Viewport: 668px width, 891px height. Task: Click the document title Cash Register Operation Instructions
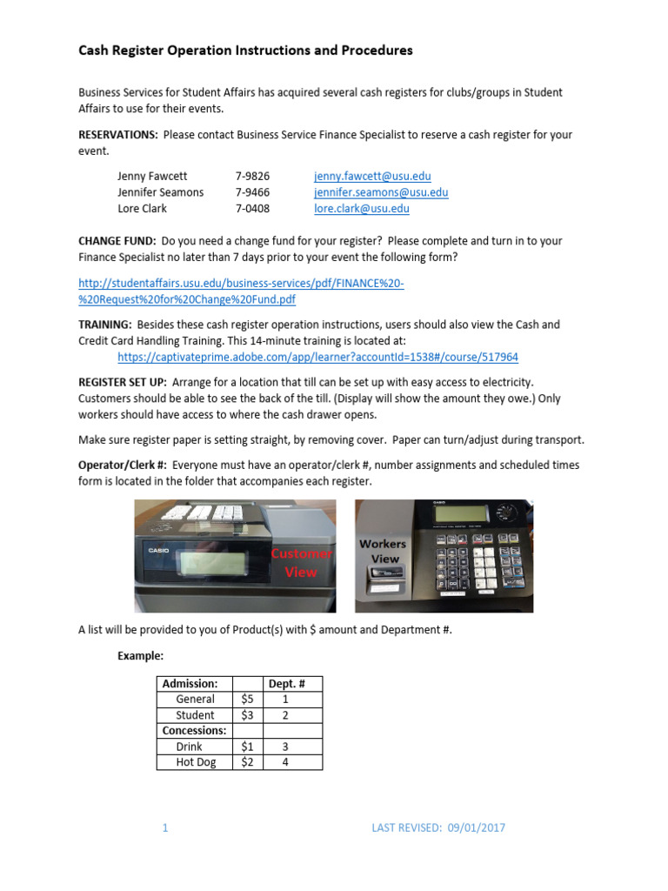tap(245, 50)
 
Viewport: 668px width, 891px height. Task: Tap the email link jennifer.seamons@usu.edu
tap(381, 192)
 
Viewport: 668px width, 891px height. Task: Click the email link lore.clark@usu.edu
tap(361, 209)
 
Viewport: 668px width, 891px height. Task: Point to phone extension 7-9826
tap(252, 176)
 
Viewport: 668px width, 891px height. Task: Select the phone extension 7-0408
tap(252, 209)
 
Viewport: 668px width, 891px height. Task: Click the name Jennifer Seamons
tap(161, 192)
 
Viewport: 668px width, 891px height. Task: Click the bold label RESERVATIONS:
tap(118, 135)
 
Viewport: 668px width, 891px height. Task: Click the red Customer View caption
tap(301, 563)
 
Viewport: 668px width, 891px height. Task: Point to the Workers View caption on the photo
tap(383, 552)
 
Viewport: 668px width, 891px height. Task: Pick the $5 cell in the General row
tap(246, 700)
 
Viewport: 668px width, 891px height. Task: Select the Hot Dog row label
tap(195, 762)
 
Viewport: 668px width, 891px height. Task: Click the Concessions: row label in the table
tap(195, 731)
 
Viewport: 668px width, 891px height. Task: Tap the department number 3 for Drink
tap(284, 747)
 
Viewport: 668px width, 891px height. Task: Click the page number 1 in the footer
tap(164, 828)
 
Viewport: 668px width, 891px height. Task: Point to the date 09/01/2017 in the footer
tap(475, 828)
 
